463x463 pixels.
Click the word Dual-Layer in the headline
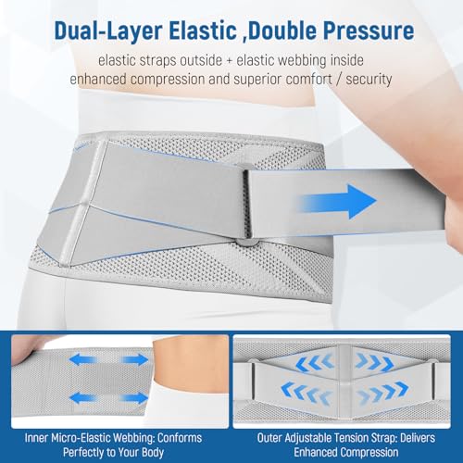tap(107, 31)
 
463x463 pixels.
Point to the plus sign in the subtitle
tap(229, 61)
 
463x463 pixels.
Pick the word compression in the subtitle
tap(168, 80)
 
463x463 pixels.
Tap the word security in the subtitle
tap(369, 80)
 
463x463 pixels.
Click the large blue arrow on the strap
tap(339, 201)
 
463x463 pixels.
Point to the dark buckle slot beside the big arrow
tap(246, 204)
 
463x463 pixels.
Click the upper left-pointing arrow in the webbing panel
tap(81, 360)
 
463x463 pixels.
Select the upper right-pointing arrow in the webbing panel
tap(134, 360)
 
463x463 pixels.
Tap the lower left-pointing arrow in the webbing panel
tap(82, 397)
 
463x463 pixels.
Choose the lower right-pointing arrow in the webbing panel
tap(134, 397)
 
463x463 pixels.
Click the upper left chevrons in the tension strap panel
tap(315, 362)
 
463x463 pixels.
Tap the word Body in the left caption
tap(153, 453)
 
